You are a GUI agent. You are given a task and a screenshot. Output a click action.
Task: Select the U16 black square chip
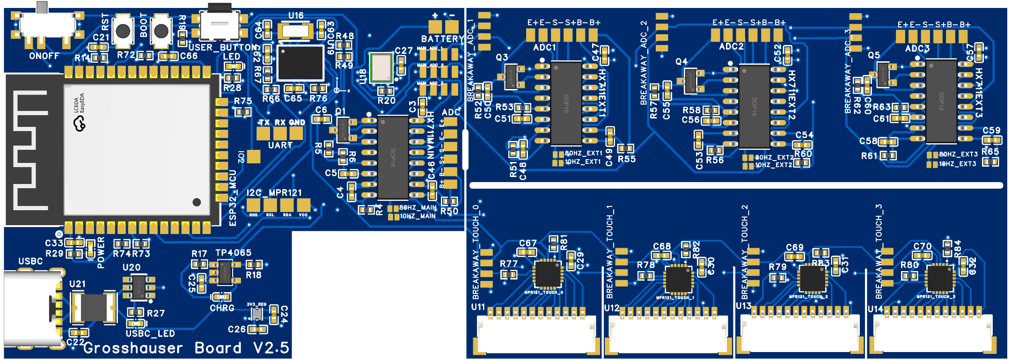coord(300,63)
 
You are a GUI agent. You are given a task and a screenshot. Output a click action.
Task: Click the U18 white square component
coord(381,68)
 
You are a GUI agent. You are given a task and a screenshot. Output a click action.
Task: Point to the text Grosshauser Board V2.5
coord(186,348)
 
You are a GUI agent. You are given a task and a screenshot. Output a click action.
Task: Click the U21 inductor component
coord(93,308)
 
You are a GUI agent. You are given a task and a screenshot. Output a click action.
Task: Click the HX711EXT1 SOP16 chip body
coord(566,103)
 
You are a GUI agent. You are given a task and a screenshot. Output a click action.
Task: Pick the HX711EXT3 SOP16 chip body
coord(941,101)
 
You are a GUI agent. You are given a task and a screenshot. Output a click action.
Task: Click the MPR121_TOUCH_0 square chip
coord(547,274)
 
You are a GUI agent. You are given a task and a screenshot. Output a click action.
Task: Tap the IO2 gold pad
coord(254,156)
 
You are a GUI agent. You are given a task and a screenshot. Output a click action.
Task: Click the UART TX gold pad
coord(263,133)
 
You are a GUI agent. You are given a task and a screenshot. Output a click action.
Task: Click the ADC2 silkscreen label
coord(731,47)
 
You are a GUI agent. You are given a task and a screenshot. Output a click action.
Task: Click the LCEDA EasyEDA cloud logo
coord(80,124)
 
